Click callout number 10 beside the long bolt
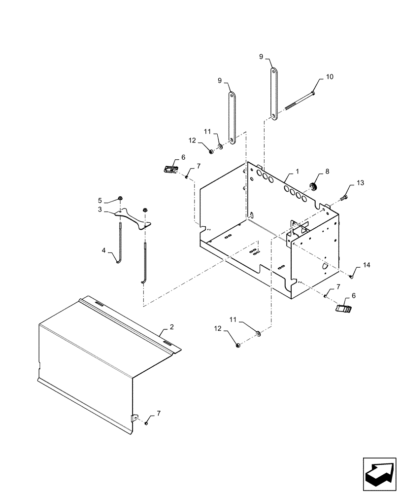coord(330,77)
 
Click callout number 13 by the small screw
coord(361,183)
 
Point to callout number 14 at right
coord(366,265)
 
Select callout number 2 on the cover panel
coord(171,326)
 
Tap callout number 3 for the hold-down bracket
coord(100,210)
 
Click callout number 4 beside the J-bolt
coord(104,251)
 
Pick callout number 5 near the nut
coord(100,200)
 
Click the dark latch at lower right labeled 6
coord(343,309)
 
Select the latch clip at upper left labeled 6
coord(170,169)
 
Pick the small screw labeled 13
coord(344,198)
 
